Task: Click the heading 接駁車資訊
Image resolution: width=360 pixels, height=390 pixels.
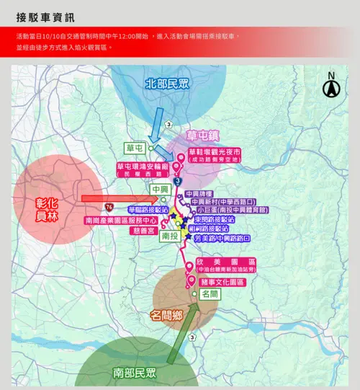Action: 45,17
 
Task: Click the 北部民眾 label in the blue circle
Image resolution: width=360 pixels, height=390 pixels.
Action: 168,83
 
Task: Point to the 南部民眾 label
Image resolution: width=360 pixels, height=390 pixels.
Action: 135,373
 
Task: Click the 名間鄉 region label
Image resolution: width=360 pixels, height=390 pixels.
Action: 170,315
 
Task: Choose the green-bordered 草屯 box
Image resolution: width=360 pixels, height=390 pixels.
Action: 135,147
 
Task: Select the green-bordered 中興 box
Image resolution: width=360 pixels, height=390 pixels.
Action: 160,190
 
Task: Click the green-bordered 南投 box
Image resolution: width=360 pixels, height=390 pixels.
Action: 170,235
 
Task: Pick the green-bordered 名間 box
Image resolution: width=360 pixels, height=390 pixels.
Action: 210,294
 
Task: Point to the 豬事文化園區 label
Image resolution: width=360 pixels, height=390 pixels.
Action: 222,282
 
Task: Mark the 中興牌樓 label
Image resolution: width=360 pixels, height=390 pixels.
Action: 199,194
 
